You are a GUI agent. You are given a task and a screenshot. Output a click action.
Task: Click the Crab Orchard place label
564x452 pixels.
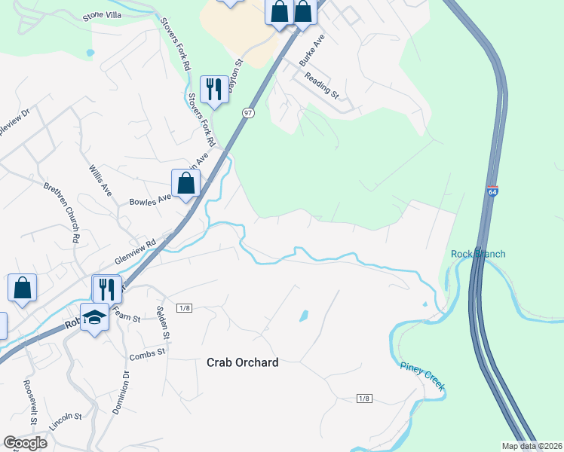coord(242,362)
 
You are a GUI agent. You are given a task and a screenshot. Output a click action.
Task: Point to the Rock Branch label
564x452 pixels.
coord(478,254)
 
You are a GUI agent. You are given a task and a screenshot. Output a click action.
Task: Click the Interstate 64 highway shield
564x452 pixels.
coord(492,192)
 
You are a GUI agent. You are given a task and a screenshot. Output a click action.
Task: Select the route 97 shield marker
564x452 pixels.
coord(248,112)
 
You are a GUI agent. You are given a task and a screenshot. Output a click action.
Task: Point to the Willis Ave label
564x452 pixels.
coord(100,181)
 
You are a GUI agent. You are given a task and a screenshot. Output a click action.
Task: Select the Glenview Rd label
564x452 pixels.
coord(135,251)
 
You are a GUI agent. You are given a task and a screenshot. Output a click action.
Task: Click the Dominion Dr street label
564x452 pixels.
coord(121,392)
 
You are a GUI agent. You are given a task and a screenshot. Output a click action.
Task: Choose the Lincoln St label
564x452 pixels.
coord(65,427)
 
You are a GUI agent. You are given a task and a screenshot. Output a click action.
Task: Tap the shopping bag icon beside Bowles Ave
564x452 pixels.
coord(185,182)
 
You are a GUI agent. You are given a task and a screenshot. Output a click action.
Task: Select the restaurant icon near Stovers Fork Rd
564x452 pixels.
coord(214,90)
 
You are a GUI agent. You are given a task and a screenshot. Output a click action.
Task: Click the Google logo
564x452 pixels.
coord(25,443)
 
